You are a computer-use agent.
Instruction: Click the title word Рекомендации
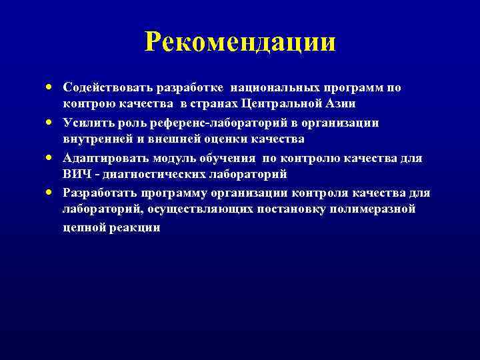[240, 43]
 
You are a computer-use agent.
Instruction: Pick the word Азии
[340, 104]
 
